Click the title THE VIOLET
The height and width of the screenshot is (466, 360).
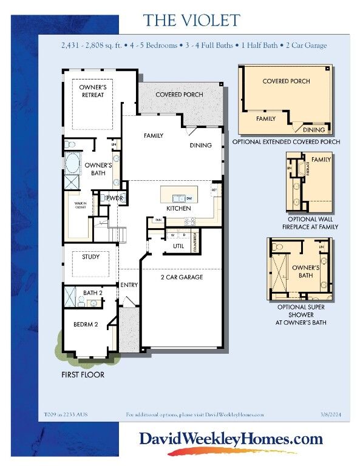[x=191, y=20]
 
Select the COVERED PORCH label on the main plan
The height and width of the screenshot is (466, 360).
[x=179, y=95]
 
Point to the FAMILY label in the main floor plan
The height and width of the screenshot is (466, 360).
[x=154, y=136]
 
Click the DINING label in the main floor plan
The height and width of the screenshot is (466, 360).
[x=200, y=146]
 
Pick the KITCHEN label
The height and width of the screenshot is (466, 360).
[x=178, y=209]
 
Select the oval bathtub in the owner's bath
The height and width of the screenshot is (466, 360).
[x=72, y=164]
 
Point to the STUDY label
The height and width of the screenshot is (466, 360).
[x=91, y=257]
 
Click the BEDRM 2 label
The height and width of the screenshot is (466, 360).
[x=86, y=324]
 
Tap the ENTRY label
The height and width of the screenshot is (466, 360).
[x=129, y=285]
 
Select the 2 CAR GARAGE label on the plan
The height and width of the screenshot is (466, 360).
[x=182, y=277]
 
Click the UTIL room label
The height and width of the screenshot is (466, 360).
[x=178, y=246]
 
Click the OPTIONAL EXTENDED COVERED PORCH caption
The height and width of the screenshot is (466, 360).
[x=286, y=142]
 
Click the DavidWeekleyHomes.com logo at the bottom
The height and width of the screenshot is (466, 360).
[x=231, y=439]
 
